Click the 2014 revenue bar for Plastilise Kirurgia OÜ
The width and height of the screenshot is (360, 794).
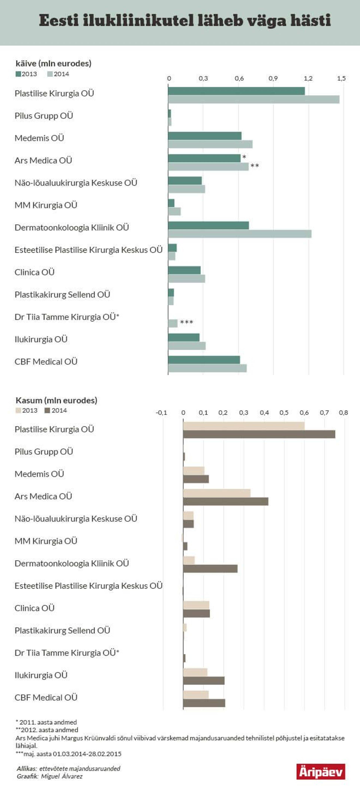pos(253,100)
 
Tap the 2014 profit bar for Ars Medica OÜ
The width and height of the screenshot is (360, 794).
pos(226,501)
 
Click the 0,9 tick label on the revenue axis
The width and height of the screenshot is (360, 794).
pos(273,78)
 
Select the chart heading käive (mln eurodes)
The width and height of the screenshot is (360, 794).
pos(53,64)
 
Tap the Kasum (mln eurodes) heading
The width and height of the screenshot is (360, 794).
pos(56,400)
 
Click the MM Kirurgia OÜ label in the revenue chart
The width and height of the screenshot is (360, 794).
pos(46,205)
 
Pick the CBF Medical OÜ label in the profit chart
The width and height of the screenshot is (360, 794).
pos(46,697)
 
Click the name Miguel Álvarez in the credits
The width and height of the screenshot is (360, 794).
pos(62,776)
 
